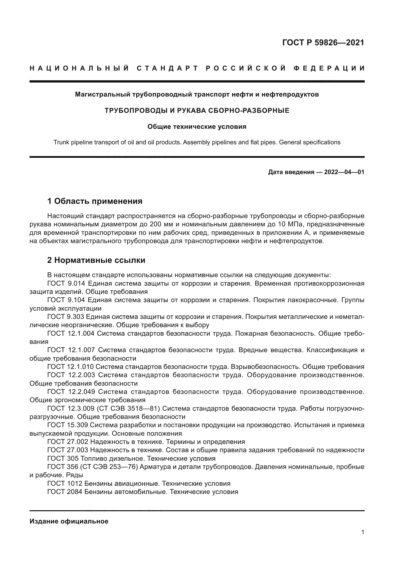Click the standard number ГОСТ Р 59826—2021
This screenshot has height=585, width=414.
[x=323, y=43]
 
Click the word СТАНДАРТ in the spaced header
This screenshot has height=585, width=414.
[x=167, y=68]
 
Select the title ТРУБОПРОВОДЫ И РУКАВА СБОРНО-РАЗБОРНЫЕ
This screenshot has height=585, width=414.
[x=197, y=111]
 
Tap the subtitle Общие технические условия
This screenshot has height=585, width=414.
[x=197, y=127]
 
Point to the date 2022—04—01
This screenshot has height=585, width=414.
[x=344, y=172]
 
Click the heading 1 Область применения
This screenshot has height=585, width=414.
[x=95, y=201]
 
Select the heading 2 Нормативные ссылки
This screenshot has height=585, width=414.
[x=96, y=260]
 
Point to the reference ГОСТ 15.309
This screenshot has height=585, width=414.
[x=68, y=425]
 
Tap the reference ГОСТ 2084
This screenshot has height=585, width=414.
[x=65, y=492]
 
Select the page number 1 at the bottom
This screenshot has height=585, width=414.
[x=362, y=532]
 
